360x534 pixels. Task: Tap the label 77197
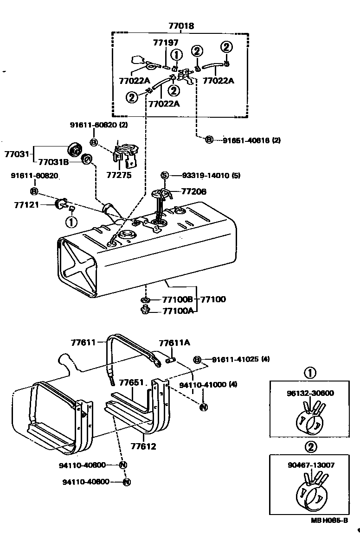tap(165, 43)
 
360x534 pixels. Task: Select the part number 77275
tap(119, 176)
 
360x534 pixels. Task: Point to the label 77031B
tap(53, 162)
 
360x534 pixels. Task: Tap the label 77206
tap(193, 191)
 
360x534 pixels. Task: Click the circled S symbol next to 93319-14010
tap(164, 175)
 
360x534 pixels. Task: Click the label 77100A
tap(178, 311)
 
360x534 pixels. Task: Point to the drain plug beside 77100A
tap(145, 310)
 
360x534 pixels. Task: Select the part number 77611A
tap(174, 343)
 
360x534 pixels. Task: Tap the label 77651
tap(132, 383)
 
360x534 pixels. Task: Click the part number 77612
tap(143, 446)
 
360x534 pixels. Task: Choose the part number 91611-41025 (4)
tap(241, 359)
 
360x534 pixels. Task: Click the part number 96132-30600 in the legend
tap(309, 393)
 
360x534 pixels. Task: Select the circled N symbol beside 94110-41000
tap(203, 407)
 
